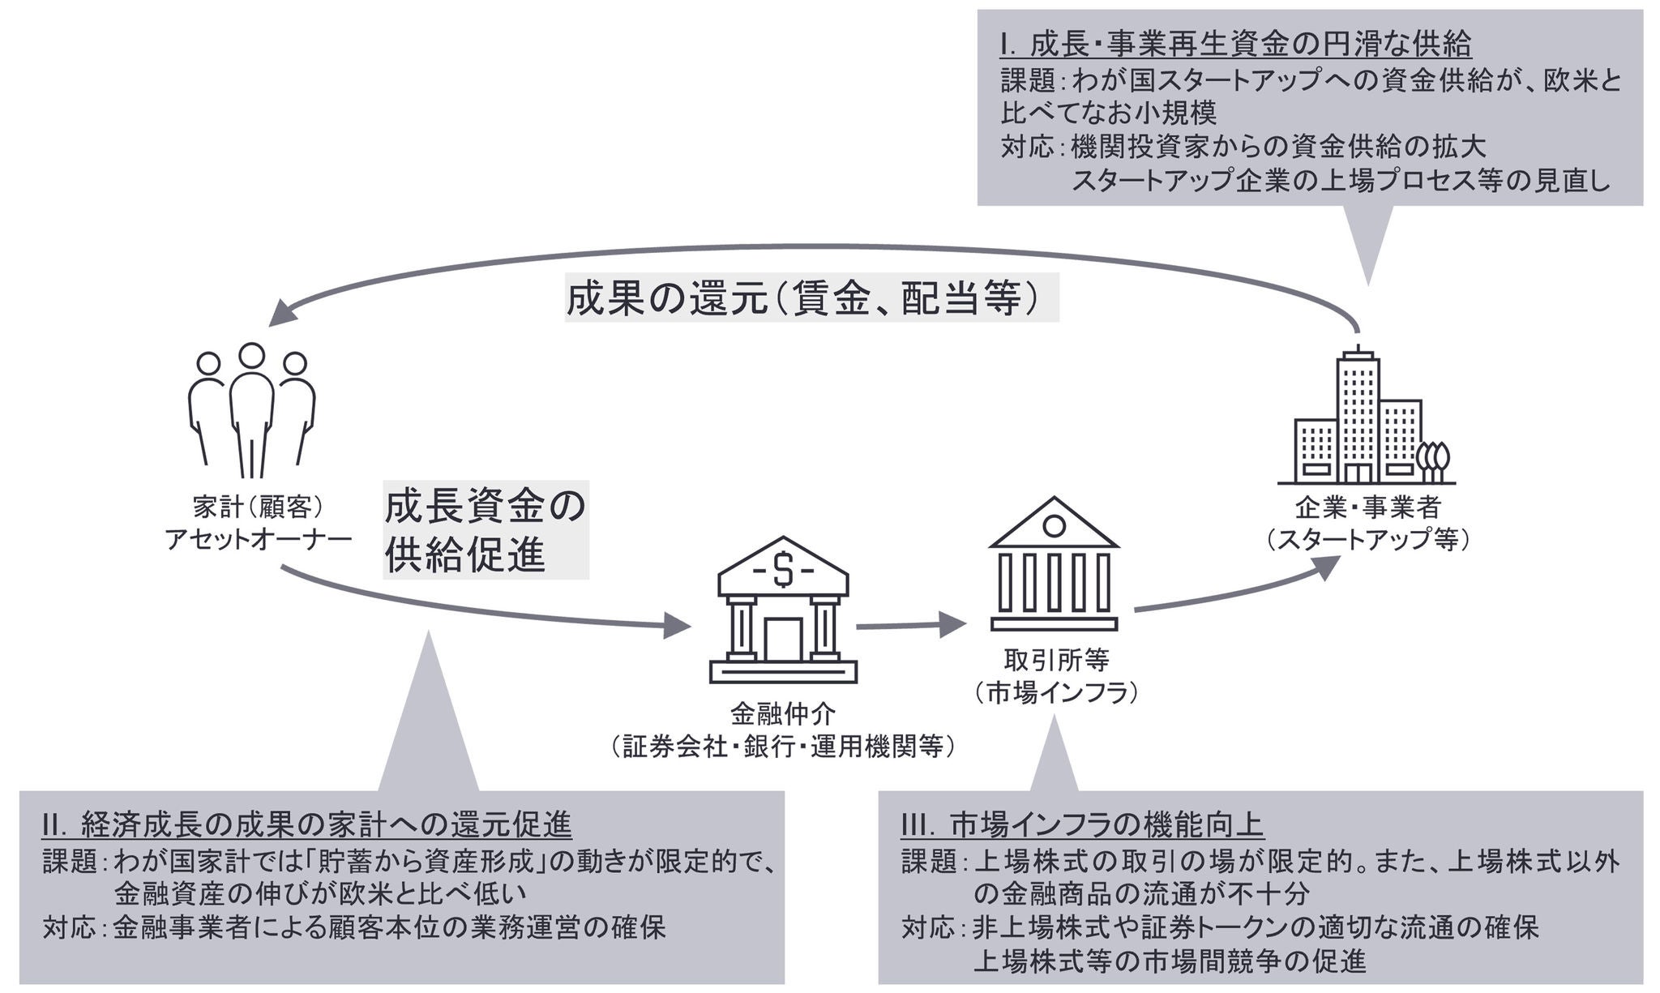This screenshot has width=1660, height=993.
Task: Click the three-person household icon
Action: coord(251,409)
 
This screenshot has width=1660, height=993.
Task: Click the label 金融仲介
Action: coord(783,714)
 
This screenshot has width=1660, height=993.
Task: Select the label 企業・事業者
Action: coord(1368,507)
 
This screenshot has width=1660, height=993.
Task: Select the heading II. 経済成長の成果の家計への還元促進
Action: coord(307,825)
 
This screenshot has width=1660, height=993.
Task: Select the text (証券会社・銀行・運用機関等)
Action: coord(783,746)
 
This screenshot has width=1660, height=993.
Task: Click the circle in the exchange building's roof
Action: coord(1054,525)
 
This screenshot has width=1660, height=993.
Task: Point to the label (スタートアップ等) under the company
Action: coord(1368,539)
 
